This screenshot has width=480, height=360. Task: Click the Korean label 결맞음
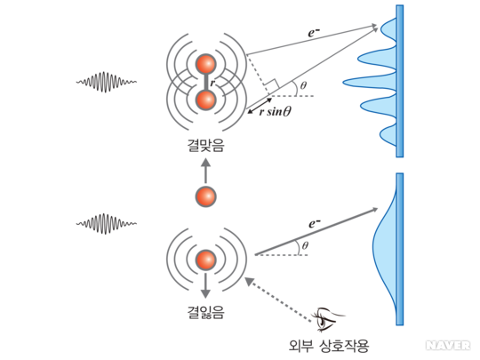click(205, 145)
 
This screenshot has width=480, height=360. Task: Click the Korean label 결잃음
click(205, 312)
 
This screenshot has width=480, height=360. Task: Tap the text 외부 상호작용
click(329, 346)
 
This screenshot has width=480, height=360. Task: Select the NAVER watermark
click(448, 346)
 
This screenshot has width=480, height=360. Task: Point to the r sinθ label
click(275, 112)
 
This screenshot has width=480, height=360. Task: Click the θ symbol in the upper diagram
click(303, 85)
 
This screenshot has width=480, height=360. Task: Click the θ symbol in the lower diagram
click(305, 246)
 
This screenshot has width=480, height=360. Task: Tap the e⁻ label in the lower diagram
click(315, 223)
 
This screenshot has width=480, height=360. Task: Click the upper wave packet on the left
click(107, 82)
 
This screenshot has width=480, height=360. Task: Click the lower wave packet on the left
click(107, 224)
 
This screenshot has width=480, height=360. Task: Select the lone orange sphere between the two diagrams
click(205, 196)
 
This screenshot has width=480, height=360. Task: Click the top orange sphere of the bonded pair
click(205, 64)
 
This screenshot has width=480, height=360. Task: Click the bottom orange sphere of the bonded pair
click(205, 100)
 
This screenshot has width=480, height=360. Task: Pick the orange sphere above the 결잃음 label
click(205, 260)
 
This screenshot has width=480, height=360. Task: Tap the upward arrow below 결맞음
click(205, 172)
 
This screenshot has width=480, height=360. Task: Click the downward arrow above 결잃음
click(205, 285)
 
